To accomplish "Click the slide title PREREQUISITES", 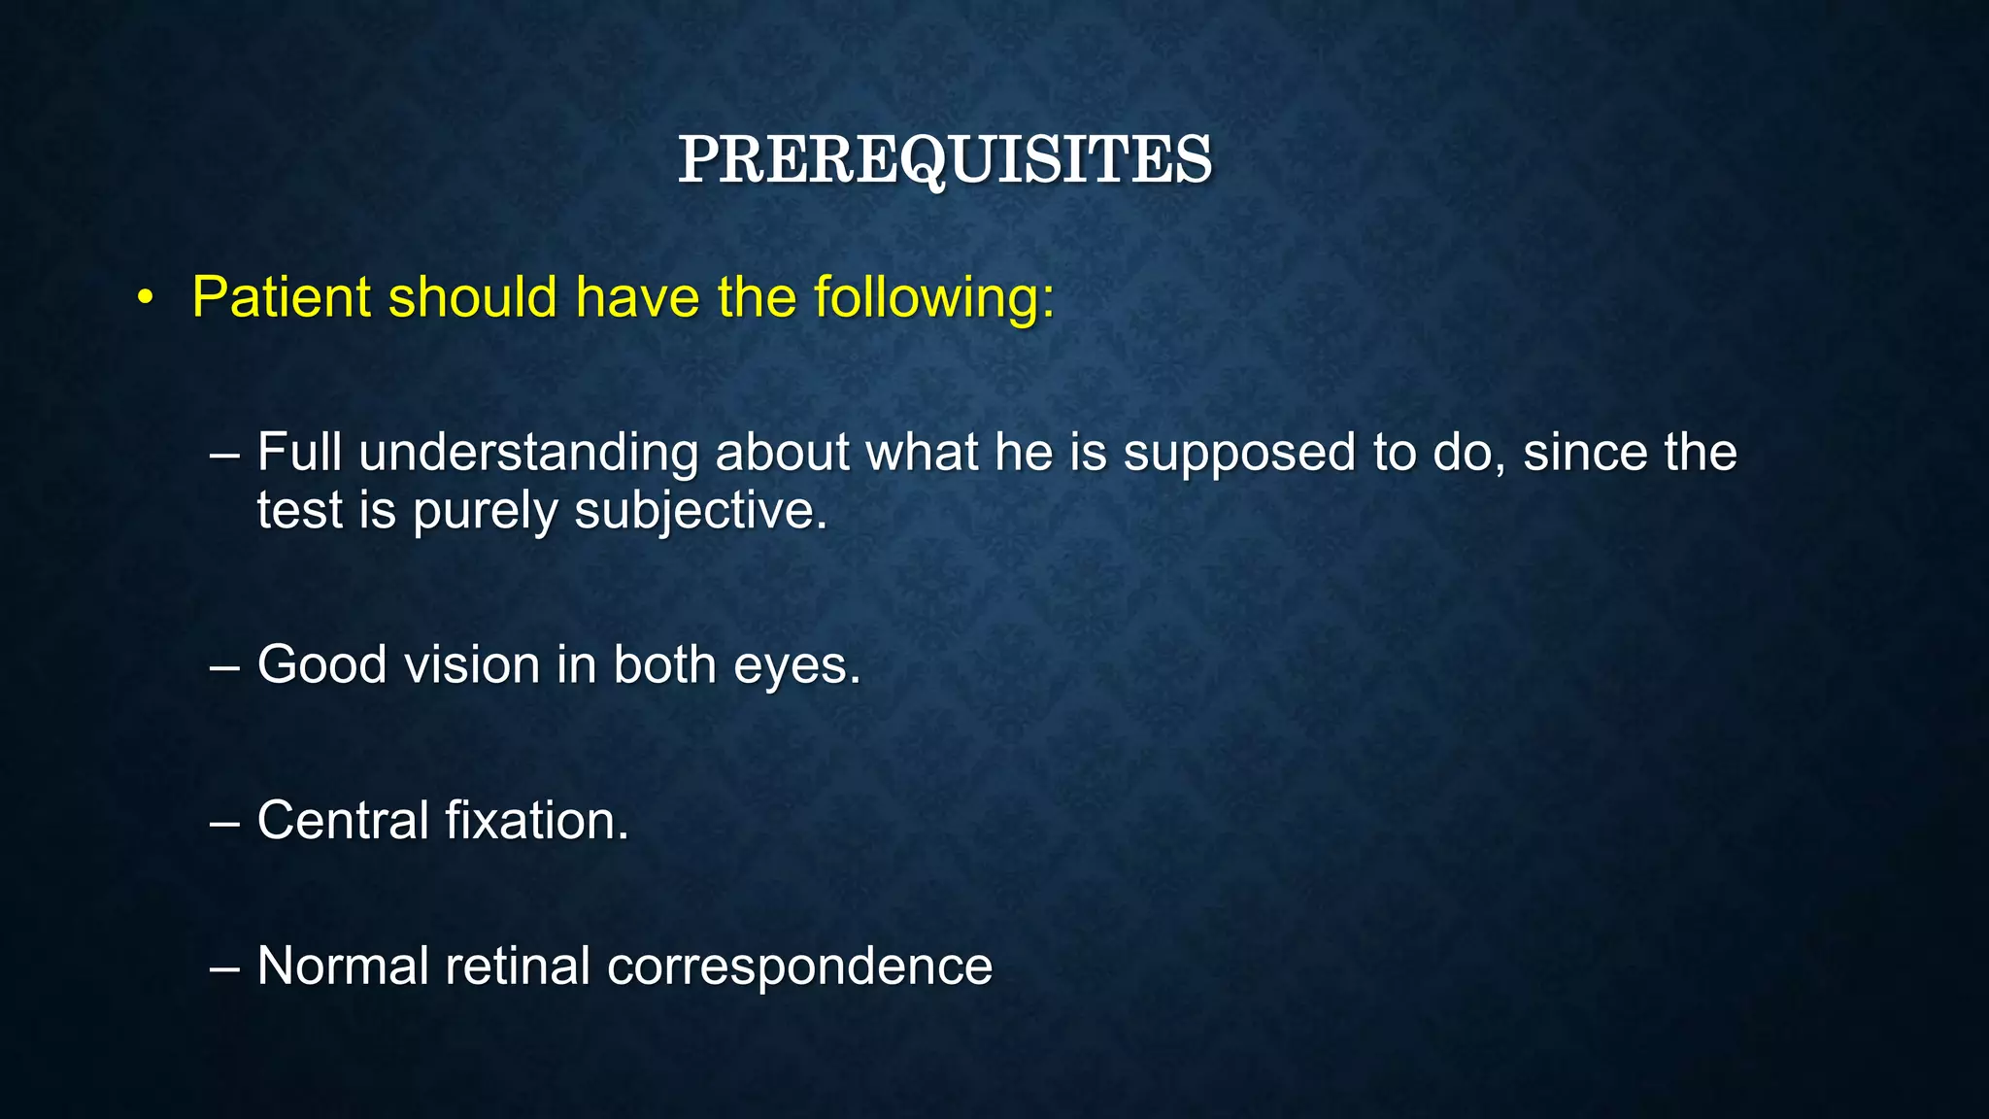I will [x=944, y=159].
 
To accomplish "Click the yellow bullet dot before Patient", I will [x=146, y=298].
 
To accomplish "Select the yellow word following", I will [x=932, y=299].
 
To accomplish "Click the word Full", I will [x=299, y=453].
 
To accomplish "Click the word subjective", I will [x=699, y=512].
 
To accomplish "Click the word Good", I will [x=322, y=665].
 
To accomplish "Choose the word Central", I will [x=343, y=820].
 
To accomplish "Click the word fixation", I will [x=537, y=820].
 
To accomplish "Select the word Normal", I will [x=343, y=966].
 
